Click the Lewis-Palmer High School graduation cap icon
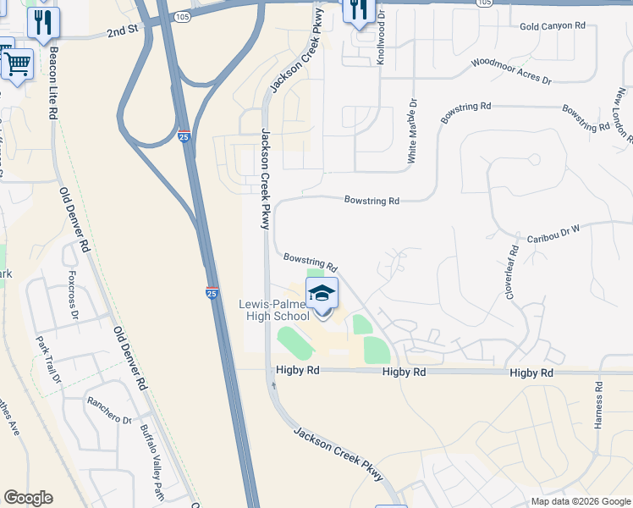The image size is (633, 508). [322, 294]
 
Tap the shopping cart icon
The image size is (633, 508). [17, 63]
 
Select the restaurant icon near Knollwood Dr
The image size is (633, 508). [359, 9]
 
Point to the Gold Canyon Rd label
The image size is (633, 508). [553, 26]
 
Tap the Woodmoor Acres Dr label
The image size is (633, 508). [511, 72]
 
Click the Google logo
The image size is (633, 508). [28, 498]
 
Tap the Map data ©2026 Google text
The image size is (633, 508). [581, 501]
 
